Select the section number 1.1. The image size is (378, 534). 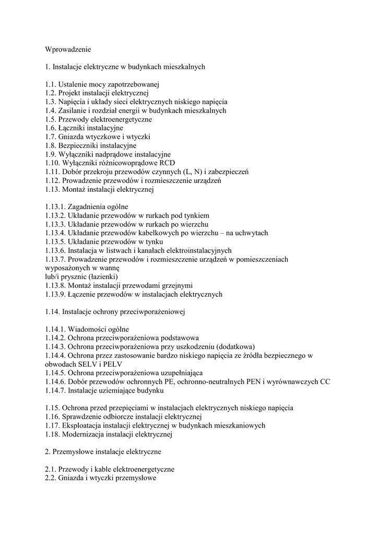pyautogui.click(x=50, y=84)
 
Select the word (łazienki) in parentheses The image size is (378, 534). pyautogui.click(x=102, y=276)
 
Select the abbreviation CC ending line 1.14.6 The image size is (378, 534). pyautogui.click(x=325, y=382)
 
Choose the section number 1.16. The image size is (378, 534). pyautogui.click(x=52, y=417)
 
